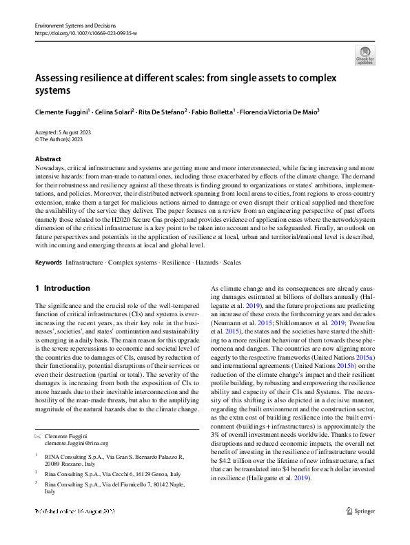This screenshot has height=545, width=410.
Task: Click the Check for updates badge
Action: click(x=365, y=54)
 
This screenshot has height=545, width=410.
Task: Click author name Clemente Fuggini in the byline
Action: click(x=61, y=110)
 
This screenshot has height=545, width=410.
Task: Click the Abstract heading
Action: click(x=48, y=158)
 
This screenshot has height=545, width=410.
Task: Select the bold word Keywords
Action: click(x=48, y=263)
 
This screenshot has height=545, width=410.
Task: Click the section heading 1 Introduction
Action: click(x=62, y=288)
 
